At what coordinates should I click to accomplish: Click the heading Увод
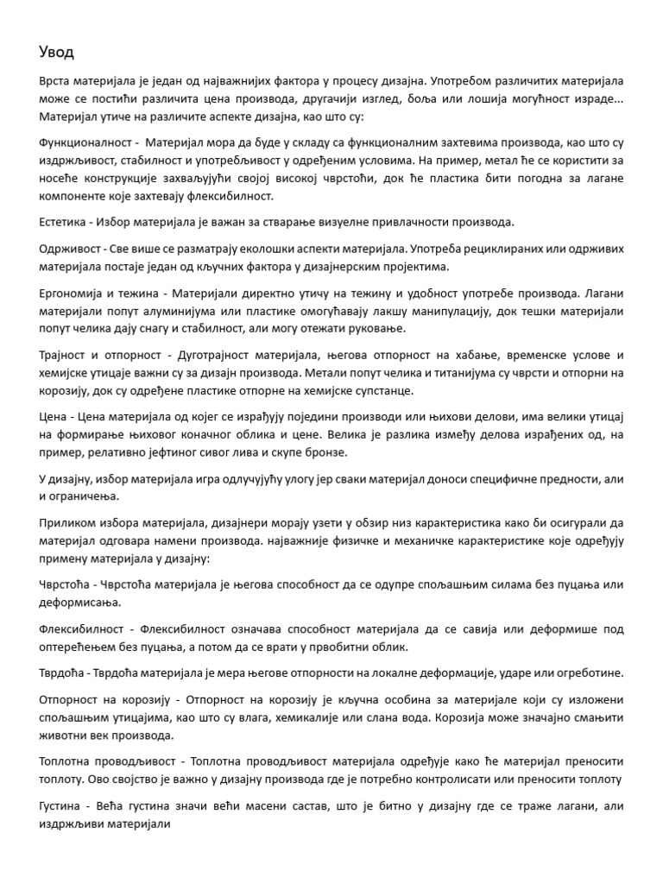(x=57, y=53)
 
